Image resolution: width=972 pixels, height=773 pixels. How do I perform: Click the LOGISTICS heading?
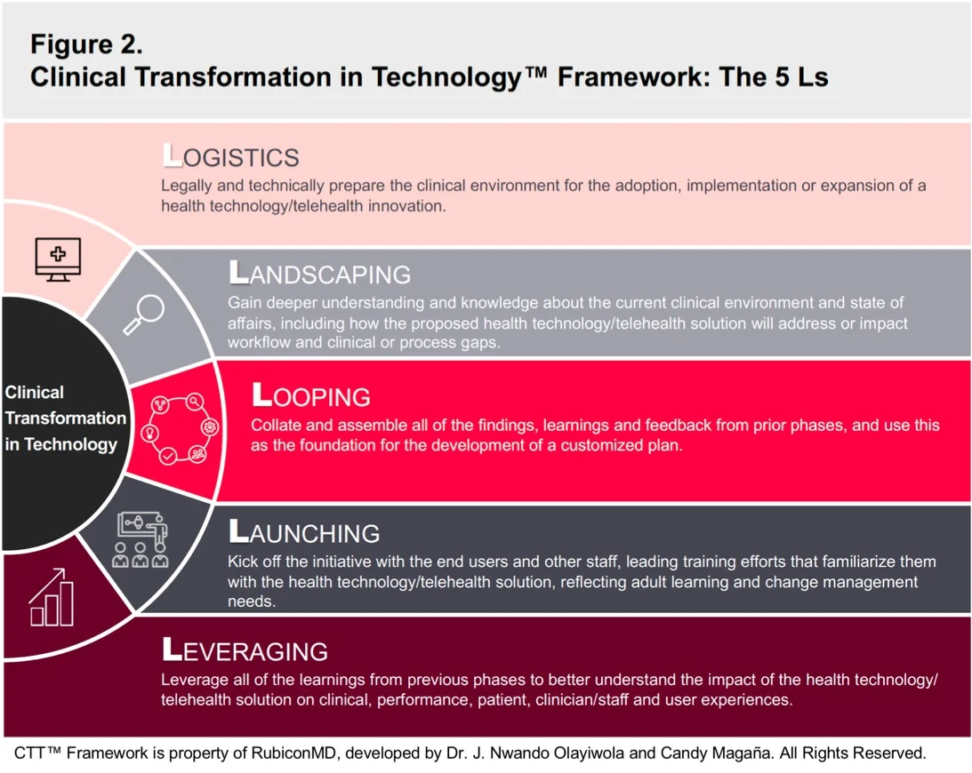pyautogui.click(x=230, y=157)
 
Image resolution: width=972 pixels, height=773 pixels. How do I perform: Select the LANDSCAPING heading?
pyautogui.click(x=319, y=273)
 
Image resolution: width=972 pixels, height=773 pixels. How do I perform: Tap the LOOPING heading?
pyautogui.click(x=311, y=395)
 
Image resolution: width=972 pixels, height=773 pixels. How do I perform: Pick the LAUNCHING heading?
pyautogui.click(x=304, y=532)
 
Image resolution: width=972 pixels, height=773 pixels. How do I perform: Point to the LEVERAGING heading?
pyautogui.click(x=245, y=650)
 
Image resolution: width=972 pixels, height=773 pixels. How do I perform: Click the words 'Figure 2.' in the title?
pyautogui.click(x=86, y=44)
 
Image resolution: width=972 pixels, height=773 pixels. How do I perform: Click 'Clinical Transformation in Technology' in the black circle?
pyautogui.click(x=64, y=418)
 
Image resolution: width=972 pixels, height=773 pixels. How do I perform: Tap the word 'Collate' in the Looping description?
pyautogui.click(x=276, y=426)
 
